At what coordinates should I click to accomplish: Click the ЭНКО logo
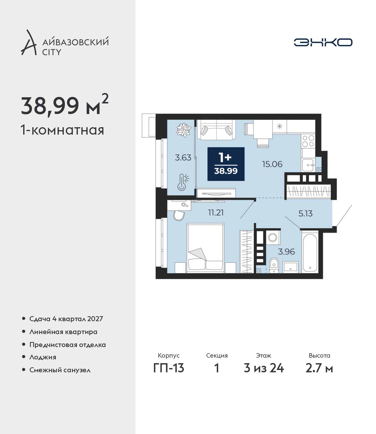[323, 42]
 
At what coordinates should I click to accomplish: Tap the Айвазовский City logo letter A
[29, 42]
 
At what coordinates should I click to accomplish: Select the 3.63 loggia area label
[183, 157]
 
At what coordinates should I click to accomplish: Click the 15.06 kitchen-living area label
[272, 164]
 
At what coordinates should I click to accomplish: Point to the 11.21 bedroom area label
[216, 213]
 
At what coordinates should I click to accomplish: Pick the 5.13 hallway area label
[305, 214]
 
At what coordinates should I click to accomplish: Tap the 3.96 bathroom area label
[286, 252]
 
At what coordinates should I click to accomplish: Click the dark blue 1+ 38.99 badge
[226, 164]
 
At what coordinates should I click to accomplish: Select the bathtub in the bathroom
[310, 252]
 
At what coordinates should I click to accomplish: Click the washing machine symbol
[273, 238]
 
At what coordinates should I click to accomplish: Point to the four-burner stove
[308, 141]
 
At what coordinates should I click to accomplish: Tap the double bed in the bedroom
[206, 248]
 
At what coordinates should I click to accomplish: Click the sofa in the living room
[216, 130]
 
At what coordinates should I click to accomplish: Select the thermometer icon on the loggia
[183, 182]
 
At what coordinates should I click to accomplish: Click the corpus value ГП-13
[169, 368]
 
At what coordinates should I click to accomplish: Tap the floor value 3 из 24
[264, 368]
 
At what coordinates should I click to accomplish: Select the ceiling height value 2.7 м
[319, 368]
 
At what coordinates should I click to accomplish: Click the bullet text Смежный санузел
[60, 370]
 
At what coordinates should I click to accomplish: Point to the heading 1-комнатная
[62, 130]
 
